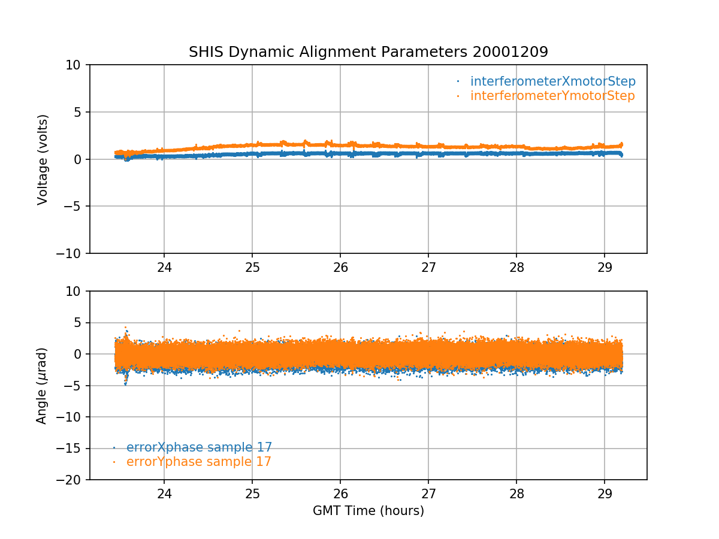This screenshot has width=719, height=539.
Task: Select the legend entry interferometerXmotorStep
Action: click(552, 81)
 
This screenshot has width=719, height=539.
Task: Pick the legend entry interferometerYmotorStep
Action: click(552, 96)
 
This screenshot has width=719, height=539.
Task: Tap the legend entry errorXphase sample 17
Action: click(199, 447)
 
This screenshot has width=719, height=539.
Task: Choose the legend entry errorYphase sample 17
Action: click(198, 462)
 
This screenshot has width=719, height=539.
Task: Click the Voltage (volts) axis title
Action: click(43, 159)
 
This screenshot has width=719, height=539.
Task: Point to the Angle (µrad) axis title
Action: click(42, 386)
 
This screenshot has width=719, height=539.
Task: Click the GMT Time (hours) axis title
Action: click(368, 511)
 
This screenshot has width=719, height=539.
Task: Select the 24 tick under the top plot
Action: click(164, 267)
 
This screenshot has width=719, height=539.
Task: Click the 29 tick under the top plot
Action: click(604, 267)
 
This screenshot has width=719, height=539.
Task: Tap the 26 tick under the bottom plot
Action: click(340, 493)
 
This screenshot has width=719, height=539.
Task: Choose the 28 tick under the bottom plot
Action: click(516, 493)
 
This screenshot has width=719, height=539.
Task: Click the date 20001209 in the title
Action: click(510, 52)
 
